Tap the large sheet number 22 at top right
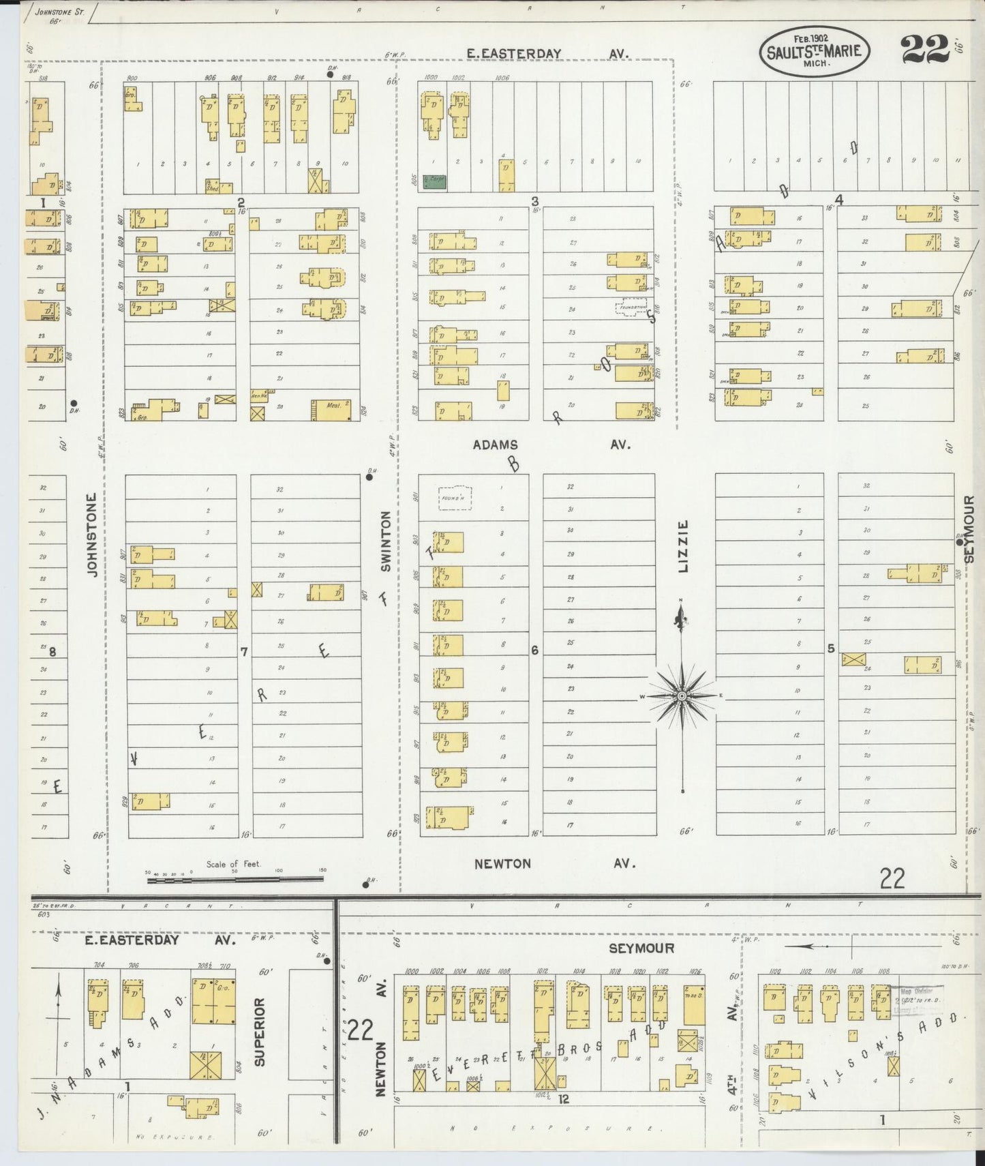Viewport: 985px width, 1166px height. tap(924, 49)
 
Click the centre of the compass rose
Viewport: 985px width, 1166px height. tap(681, 696)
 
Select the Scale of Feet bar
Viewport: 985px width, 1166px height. tap(235, 880)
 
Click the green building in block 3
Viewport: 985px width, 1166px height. tap(434, 181)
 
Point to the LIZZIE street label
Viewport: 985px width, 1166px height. tap(684, 545)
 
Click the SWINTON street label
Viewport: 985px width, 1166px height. tap(386, 542)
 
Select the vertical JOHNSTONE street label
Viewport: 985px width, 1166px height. tap(93, 535)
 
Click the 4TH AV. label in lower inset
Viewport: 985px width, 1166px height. tap(730, 1064)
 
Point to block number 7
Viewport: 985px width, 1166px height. tap(243, 653)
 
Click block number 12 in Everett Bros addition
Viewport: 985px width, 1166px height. tap(563, 1098)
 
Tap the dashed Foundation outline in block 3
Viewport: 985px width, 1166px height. tap(632, 308)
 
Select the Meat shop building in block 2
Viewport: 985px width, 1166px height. tap(331, 409)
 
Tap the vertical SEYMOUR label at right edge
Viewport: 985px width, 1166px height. tap(971, 529)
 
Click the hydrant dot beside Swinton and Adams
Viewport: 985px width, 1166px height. tap(369, 477)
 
